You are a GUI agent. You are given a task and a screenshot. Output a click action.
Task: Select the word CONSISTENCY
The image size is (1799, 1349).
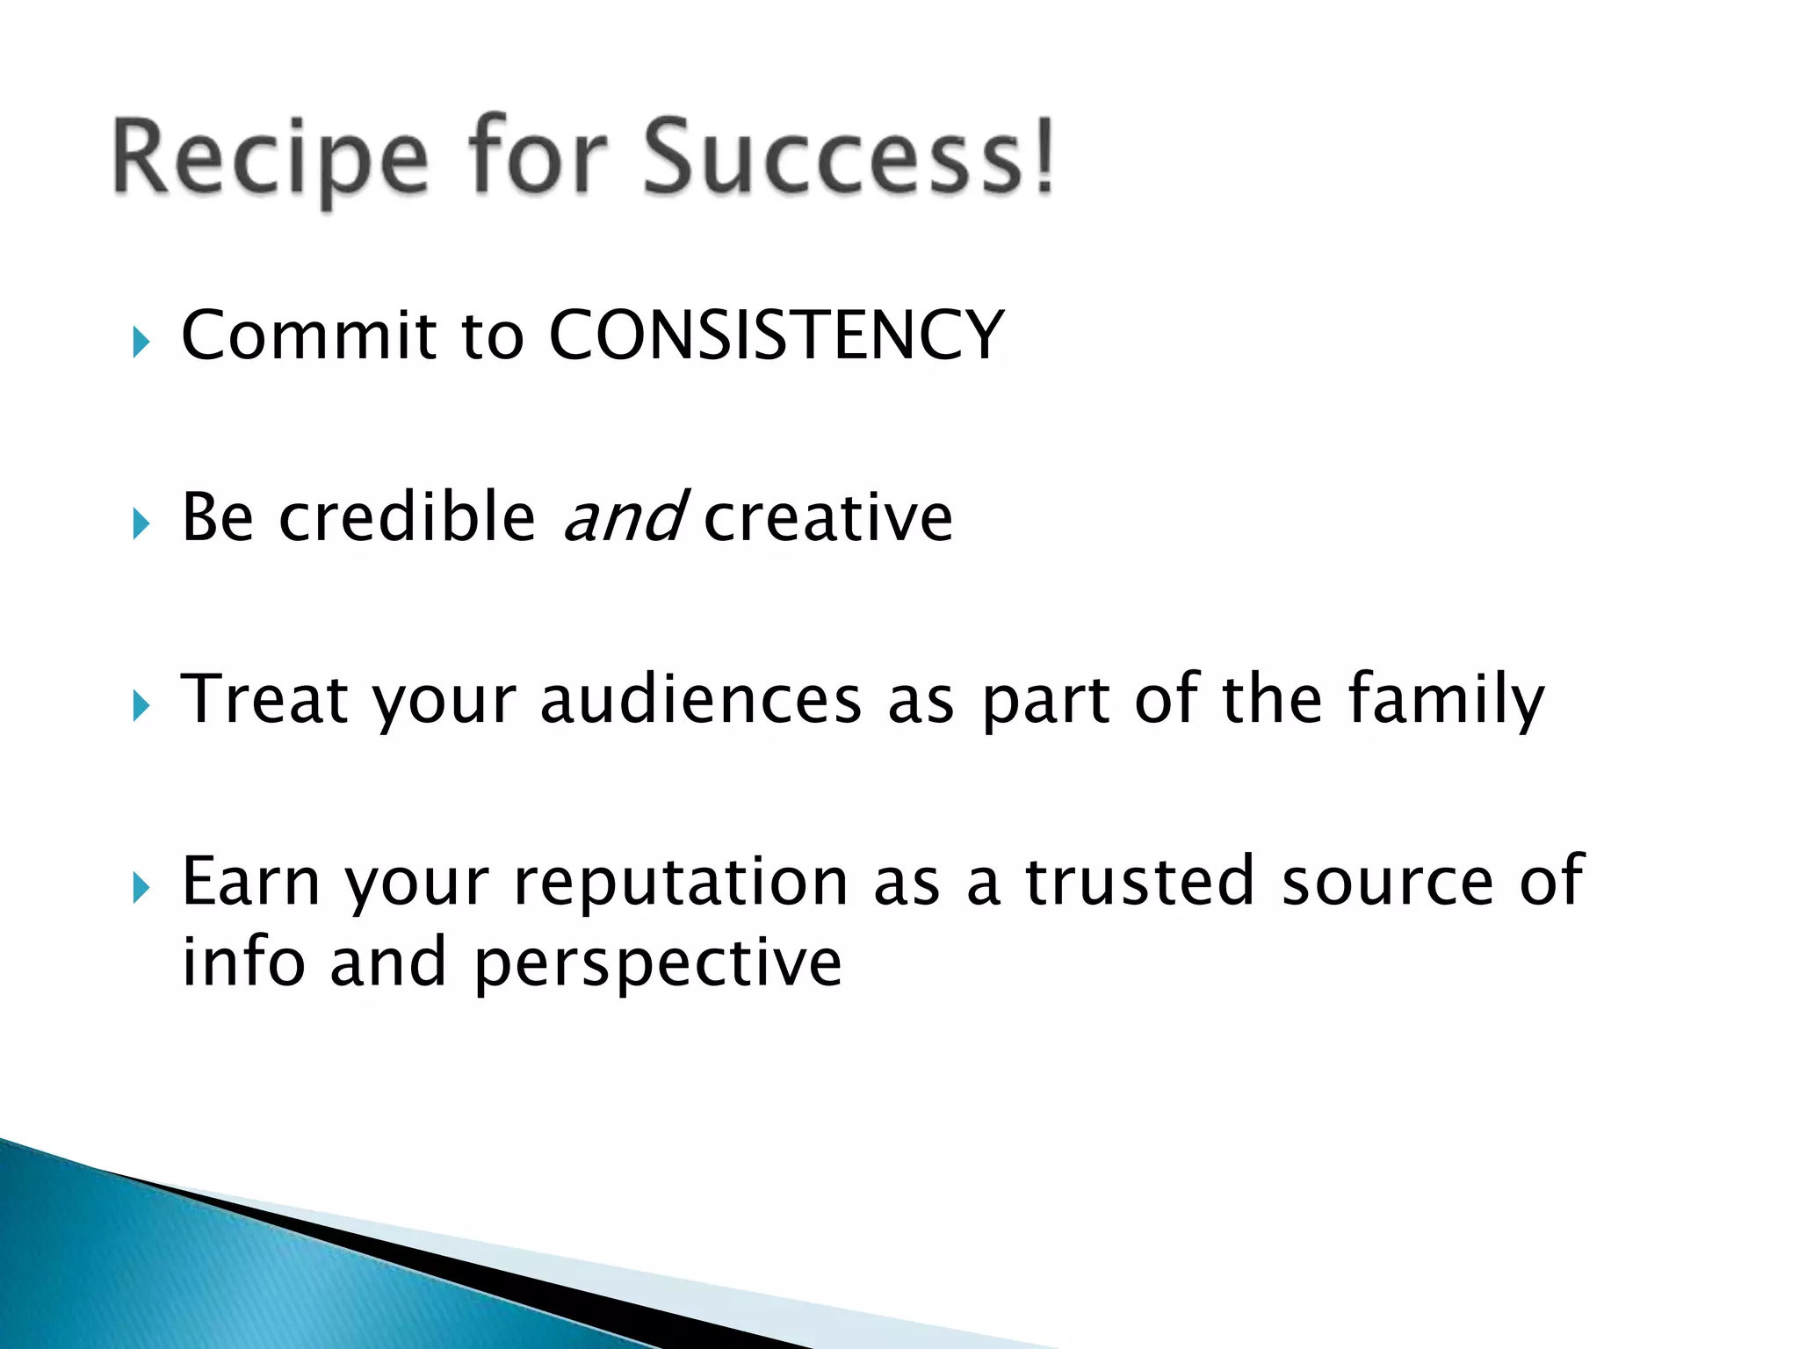(x=776, y=335)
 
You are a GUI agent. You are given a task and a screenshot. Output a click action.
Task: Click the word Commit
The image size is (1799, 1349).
(x=308, y=335)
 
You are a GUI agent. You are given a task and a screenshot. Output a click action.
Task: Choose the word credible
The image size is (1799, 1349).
(x=407, y=517)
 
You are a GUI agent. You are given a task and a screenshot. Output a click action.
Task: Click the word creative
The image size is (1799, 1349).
(x=827, y=517)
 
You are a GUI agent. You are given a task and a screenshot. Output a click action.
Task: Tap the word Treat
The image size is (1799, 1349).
(x=264, y=699)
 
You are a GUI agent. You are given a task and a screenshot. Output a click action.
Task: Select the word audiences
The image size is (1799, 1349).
(x=700, y=699)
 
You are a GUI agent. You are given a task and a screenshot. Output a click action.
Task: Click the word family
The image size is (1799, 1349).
(x=1446, y=699)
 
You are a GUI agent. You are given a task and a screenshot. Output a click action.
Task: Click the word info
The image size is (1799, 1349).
(x=243, y=961)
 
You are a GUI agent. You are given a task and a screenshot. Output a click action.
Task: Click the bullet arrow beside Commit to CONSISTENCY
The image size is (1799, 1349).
(x=141, y=343)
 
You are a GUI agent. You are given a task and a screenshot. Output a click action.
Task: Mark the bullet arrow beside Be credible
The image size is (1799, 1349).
(x=141, y=524)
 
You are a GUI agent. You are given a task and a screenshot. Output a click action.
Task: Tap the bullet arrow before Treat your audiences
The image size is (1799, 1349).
(x=141, y=706)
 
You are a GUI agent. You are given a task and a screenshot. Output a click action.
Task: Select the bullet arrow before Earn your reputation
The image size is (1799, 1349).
(x=141, y=888)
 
